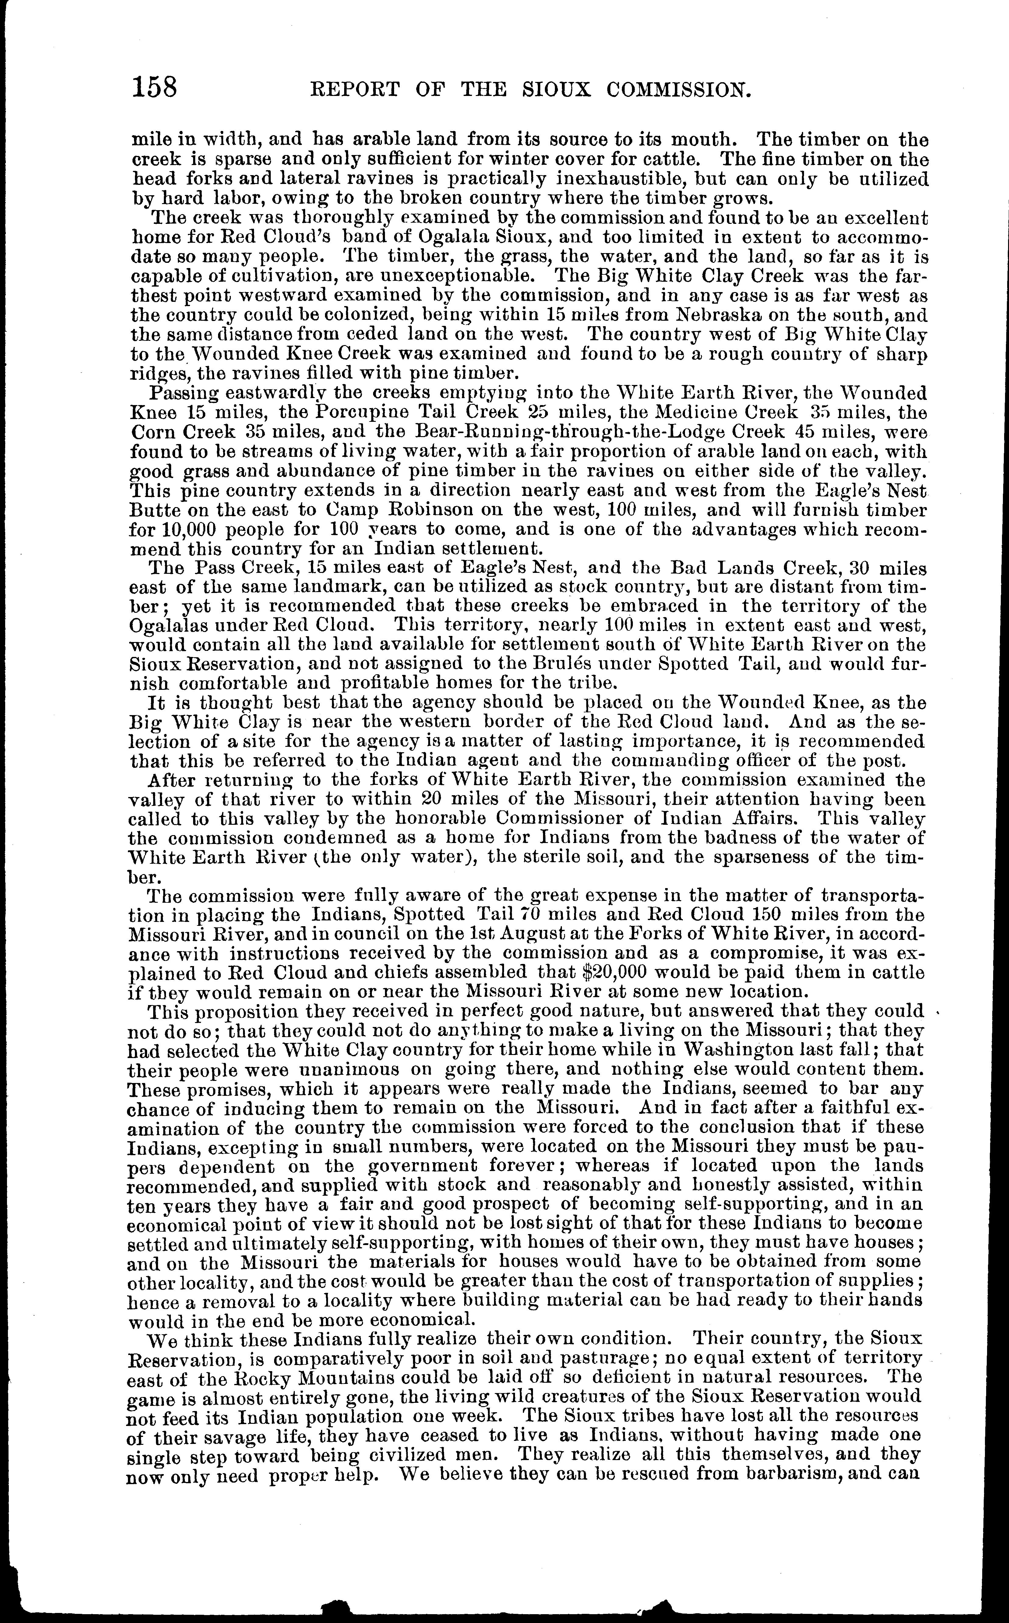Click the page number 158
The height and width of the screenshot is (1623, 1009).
point(155,87)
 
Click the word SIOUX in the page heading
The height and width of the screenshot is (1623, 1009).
point(555,90)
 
